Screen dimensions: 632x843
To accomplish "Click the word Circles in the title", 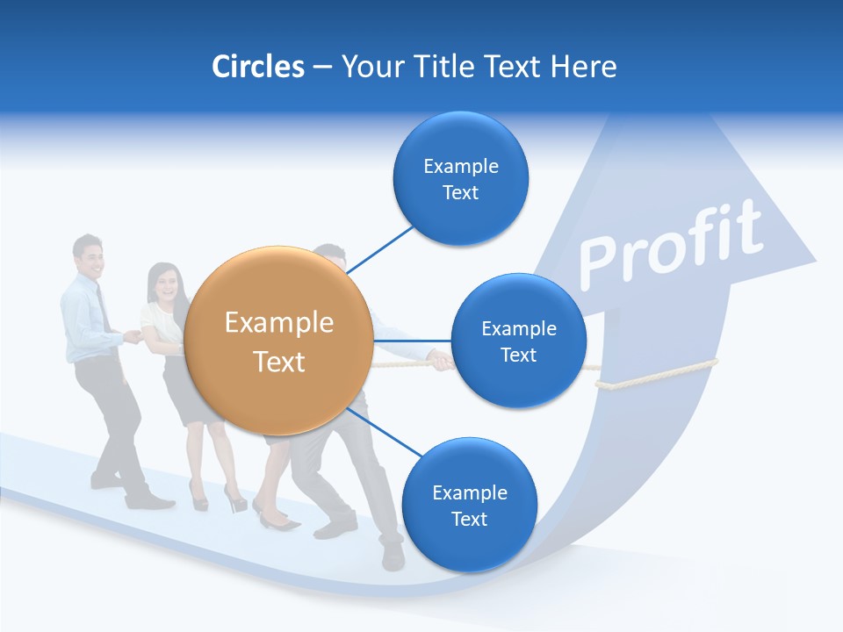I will click(x=257, y=66).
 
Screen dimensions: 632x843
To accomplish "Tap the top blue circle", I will click(x=460, y=178).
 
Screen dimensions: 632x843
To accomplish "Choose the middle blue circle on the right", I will click(x=518, y=341).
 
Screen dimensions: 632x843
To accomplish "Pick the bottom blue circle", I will click(x=469, y=505).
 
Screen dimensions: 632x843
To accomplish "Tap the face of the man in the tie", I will click(x=89, y=255).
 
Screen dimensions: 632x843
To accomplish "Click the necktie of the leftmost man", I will click(x=104, y=308).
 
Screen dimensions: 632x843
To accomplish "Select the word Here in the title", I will click(x=583, y=66).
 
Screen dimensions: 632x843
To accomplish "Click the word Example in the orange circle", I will click(x=279, y=323).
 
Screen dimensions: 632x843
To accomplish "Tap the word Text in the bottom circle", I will click(x=469, y=519).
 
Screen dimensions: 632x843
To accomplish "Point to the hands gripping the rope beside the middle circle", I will click(x=439, y=360).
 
